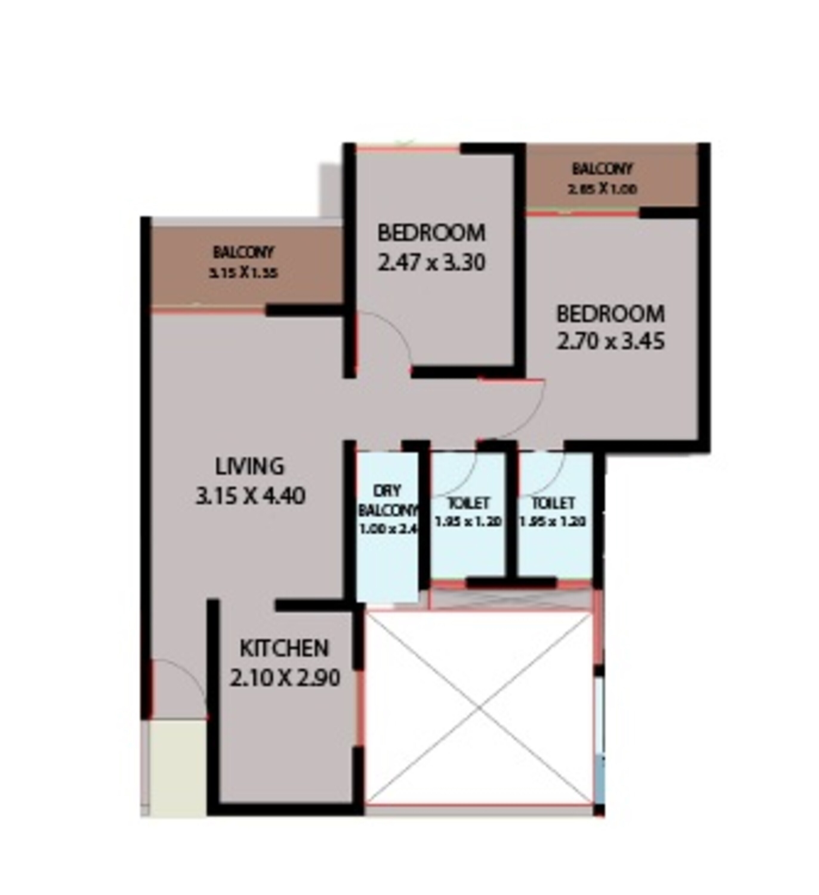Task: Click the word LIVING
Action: click(249, 467)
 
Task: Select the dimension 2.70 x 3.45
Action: click(610, 342)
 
